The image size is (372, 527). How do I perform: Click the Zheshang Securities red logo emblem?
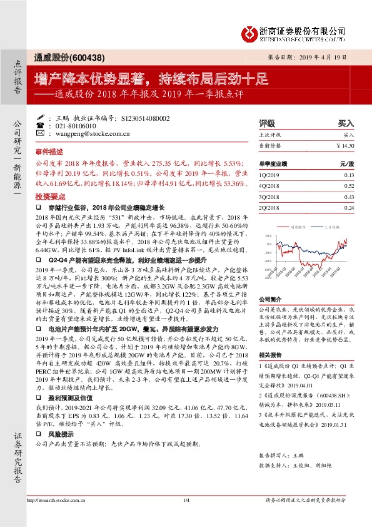tap(251, 31)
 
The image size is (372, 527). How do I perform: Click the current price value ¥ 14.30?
tap(345, 145)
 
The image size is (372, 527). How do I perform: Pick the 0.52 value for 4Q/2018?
tap(348, 186)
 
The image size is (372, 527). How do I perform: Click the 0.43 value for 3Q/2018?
tap(348, 197)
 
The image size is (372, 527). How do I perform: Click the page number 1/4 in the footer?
tap(186, 518)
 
